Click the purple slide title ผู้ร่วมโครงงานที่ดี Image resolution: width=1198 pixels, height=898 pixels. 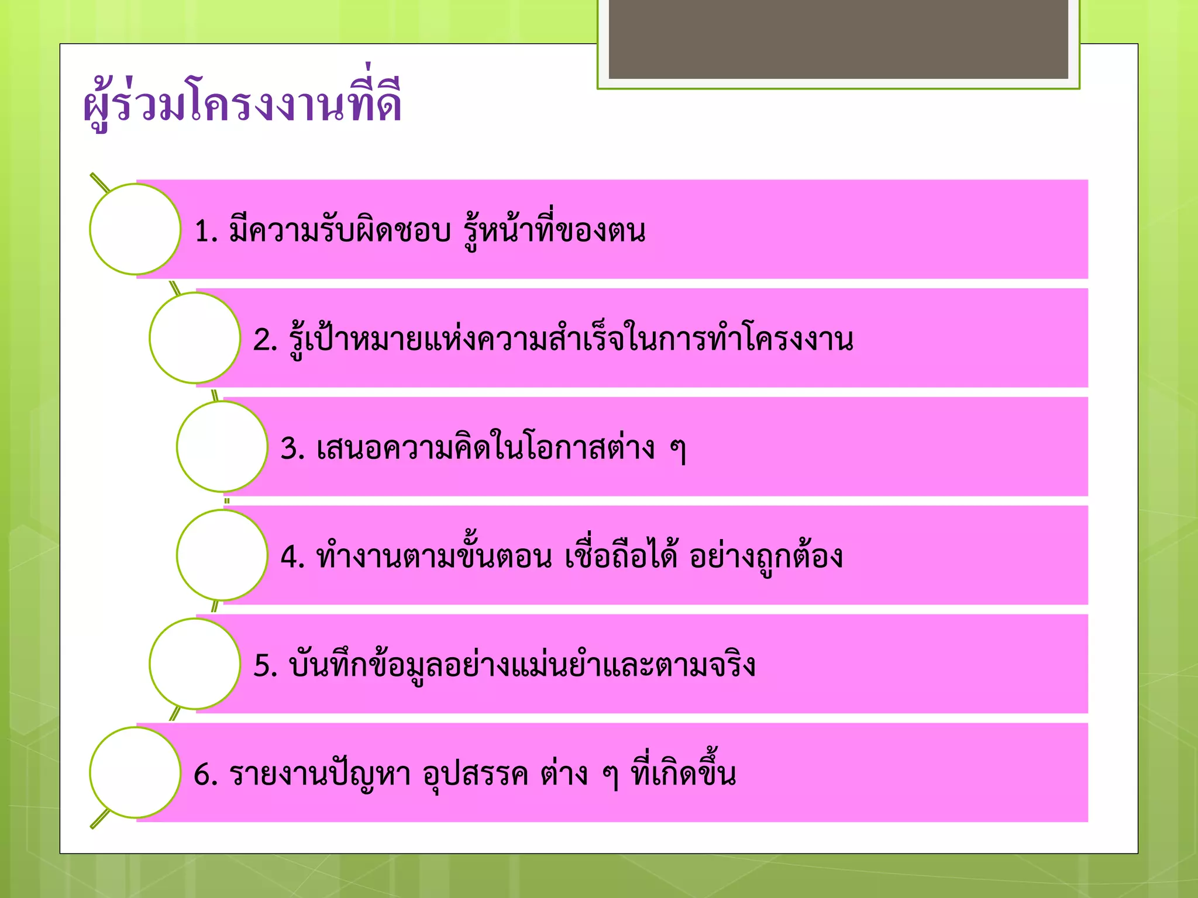242,103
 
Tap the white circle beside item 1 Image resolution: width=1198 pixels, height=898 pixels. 135,229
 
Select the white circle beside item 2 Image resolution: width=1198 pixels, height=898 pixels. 195,338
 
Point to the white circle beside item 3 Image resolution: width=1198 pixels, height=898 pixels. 222,447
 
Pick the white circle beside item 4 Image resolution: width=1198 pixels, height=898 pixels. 222,555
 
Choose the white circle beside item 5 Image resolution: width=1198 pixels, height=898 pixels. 195,664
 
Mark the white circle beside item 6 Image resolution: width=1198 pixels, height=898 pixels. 135,773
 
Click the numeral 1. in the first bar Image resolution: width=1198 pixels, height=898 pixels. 205,232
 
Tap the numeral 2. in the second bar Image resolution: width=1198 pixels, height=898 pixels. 265,340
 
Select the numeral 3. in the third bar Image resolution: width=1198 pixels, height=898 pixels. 292,449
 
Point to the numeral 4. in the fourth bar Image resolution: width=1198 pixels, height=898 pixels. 292,558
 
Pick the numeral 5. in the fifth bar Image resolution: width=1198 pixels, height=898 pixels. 265,666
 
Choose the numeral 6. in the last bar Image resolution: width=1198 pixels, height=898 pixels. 205,775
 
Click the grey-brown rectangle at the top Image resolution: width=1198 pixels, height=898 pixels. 838,39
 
